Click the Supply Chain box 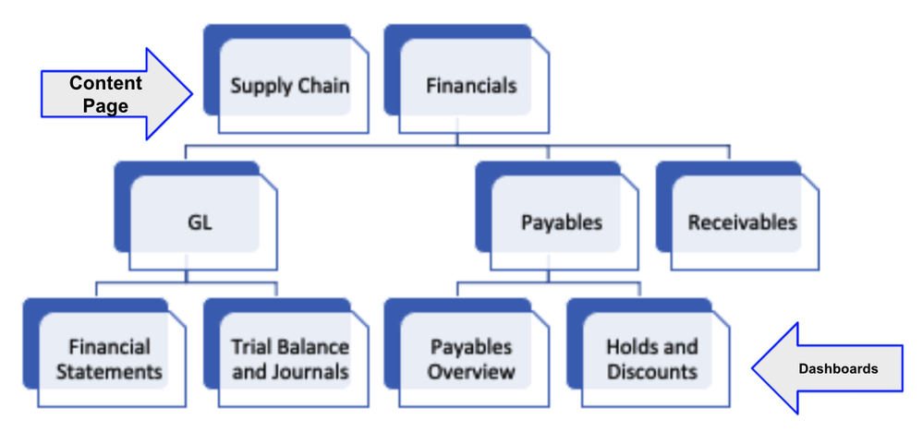tap(289, 87)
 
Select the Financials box tap(471, 87)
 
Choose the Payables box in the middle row tap(561, 222)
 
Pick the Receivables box tap(742, 222)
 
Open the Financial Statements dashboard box tap(109, 359)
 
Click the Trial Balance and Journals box tap(290, 359)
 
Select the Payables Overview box tap(471, 359)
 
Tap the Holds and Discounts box tap(651, 359)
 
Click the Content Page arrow tap(111, 94)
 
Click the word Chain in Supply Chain tap(322, 87)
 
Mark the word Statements tap(109, 372)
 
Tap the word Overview tap(471, 372)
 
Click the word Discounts tap(651, 372)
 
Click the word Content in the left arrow tap(105, 83)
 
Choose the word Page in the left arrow tap(105, 105)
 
